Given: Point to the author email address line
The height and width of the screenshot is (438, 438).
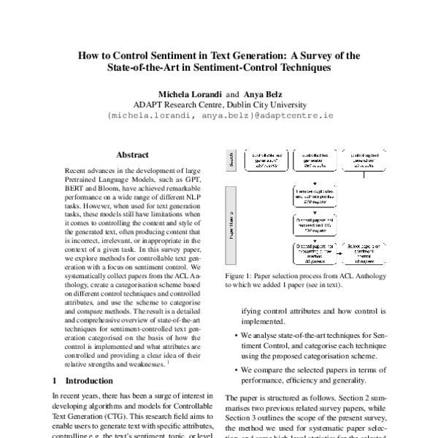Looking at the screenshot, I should pos(219,115).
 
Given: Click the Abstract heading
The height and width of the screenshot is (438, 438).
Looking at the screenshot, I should pos(132,155).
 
